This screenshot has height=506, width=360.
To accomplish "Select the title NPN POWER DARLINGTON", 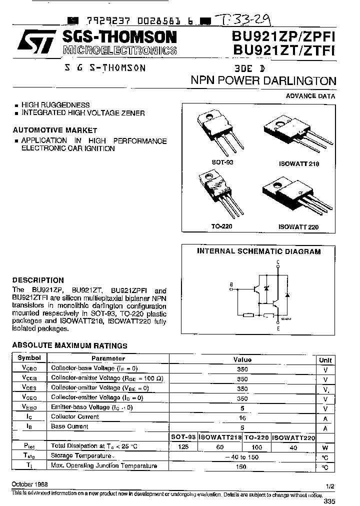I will pos(263,81).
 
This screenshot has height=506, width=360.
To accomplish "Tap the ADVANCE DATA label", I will pos(310,96).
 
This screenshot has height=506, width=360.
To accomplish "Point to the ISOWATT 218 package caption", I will pos(298,164).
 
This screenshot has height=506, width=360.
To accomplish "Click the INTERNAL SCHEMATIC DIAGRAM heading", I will pos(258,251).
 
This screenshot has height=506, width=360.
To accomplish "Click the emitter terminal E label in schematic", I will pos(278,328).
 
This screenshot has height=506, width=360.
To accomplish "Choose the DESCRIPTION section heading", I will pos(38,280).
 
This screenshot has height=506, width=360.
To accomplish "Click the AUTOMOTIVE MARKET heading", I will pos(55,130).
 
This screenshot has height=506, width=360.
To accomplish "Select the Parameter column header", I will pos(108,358).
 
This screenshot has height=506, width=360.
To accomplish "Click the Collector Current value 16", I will pos(242,417).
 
